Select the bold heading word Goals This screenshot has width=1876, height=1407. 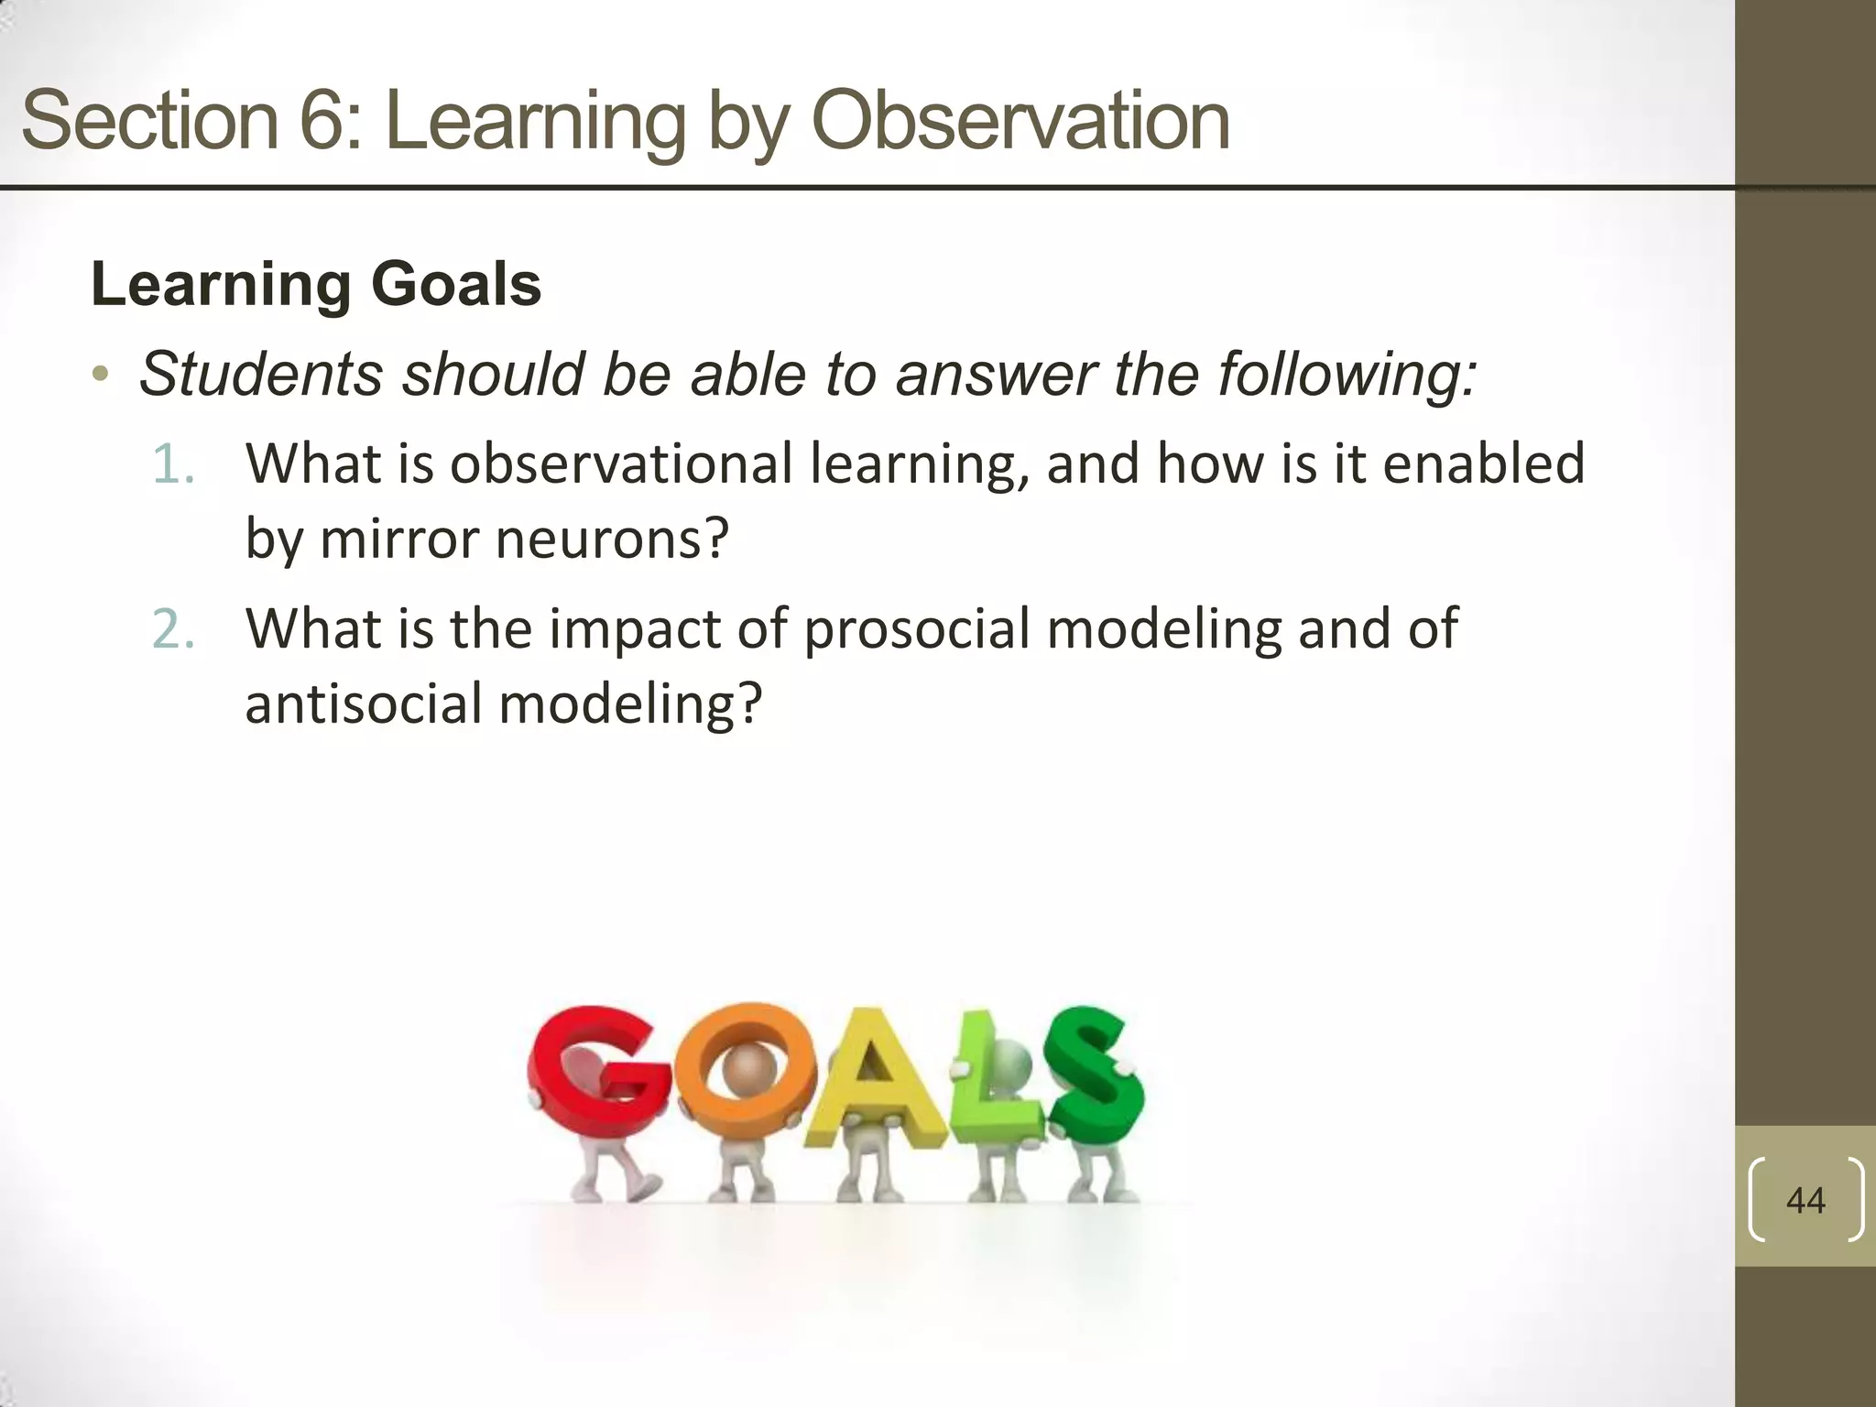point(455,284)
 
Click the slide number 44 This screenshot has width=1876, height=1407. point(1805,1200)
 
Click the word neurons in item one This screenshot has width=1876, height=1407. point(611,539)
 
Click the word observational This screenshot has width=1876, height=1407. point(620,464)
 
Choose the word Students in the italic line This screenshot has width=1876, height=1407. point(261,374)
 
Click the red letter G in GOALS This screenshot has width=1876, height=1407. point(586,1076)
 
